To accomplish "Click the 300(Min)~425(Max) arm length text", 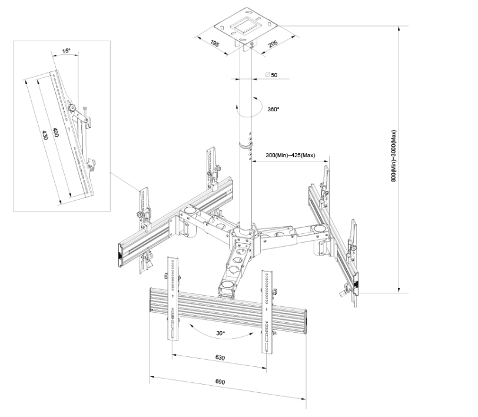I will [x=291, y=155].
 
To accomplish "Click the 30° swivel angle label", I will [x=221, y=333].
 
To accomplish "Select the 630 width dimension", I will [x=221, y=358].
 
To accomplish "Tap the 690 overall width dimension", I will [x=220, y=382].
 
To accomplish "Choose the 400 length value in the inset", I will [x=55, y=133].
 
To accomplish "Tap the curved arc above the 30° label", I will [x=221, y=324].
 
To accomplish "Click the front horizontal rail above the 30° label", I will [x=230, y=303].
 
